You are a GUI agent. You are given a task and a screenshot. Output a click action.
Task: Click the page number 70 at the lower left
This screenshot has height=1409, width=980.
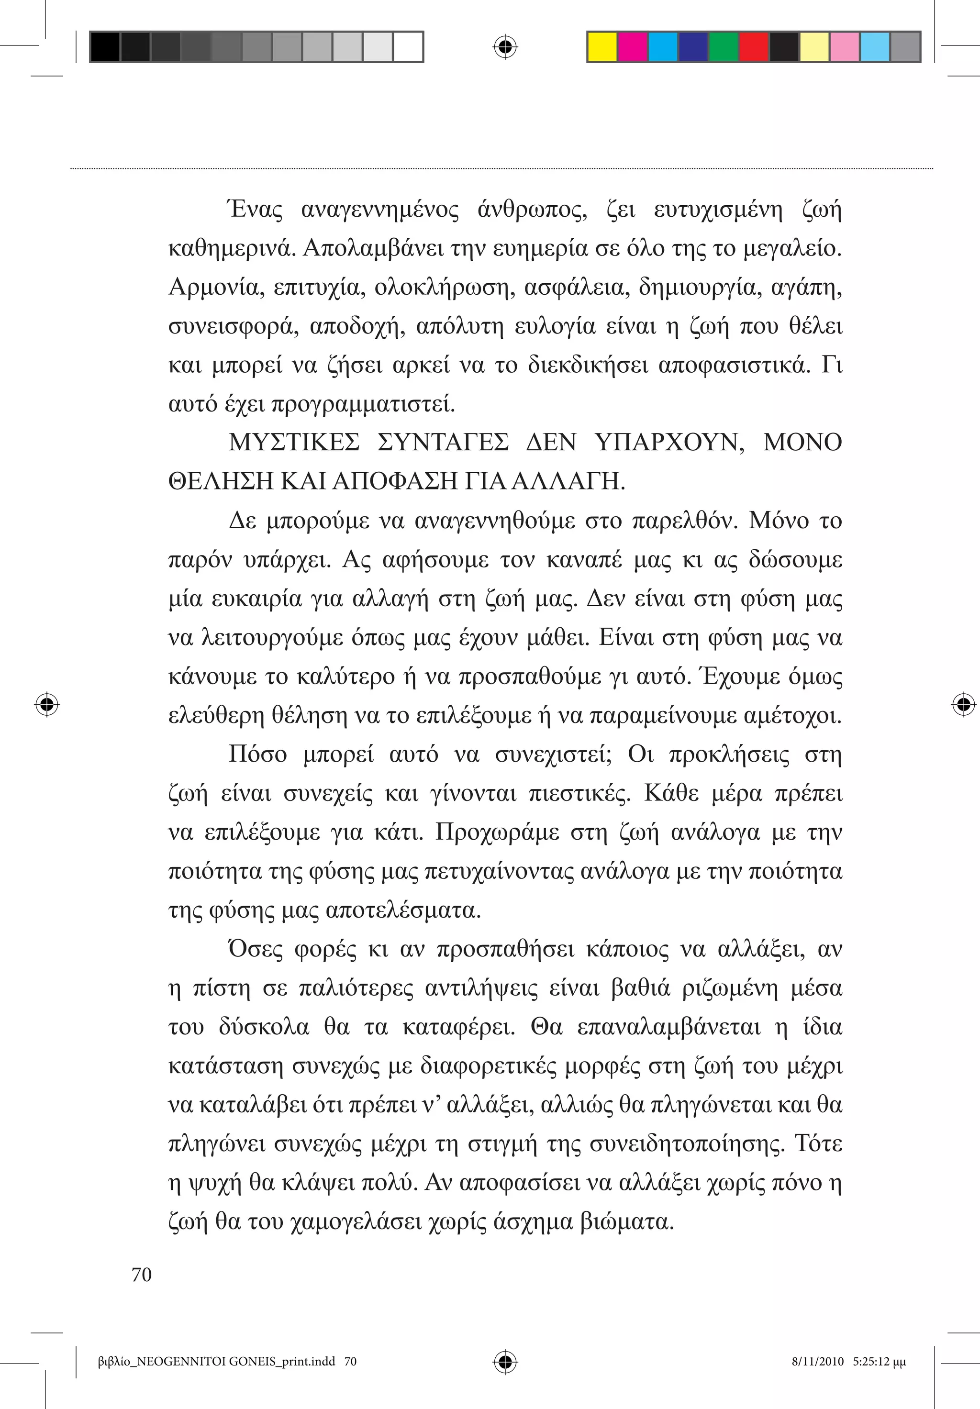pyautogui.click(x=142, y=1275)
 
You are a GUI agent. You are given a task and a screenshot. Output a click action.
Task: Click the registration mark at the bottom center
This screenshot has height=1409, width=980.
pyautogui.click(x=505, y=1362)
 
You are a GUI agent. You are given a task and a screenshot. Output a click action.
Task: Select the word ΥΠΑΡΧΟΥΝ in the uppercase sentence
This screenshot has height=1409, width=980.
pyautogui.click(x=669, y=443)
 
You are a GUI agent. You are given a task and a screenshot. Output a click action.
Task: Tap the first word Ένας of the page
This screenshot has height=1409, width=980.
pyautogui.click(x=256, y=211)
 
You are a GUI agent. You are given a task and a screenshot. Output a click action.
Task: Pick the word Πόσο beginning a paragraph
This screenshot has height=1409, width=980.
pyautogui.click(x=258, y=754)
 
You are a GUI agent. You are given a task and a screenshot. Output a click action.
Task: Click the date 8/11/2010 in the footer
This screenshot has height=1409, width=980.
pyautogui.click(x=818, y=1362)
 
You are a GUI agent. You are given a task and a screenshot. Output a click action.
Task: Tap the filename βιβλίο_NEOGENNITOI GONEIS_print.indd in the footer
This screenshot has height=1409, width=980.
pyautogui.click(x=217, y=1362)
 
